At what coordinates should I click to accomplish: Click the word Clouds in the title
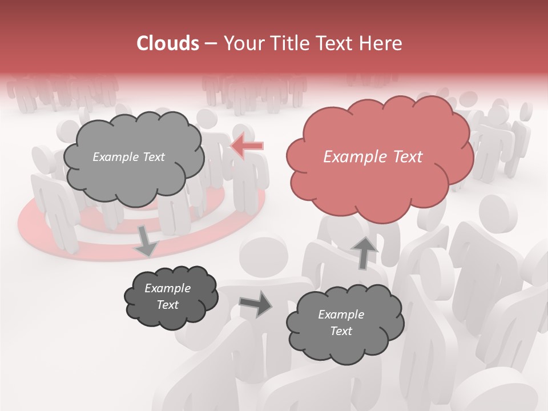pos(167,43)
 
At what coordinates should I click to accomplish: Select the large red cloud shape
pos(379,171)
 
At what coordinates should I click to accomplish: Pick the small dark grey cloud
pos(171,314)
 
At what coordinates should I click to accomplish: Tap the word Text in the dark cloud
pos(168,305)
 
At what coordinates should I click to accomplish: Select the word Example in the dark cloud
pos(168,288)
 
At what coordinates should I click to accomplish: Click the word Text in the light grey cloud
pos(152,157)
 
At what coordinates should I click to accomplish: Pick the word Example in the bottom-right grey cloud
pos(341,315)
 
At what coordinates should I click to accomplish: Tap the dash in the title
pos(210,44)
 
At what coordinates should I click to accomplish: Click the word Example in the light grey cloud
pos(114,157)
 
